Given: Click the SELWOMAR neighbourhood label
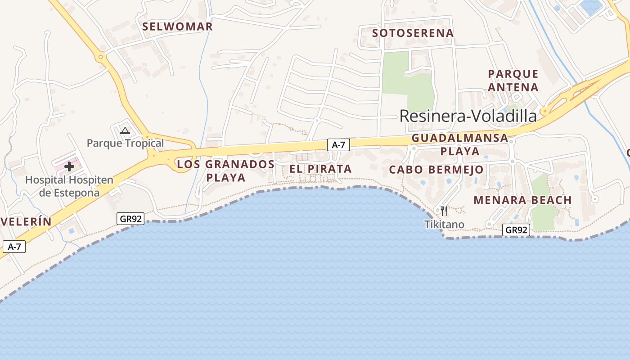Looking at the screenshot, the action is (177, 27).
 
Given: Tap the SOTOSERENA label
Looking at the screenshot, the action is (413, 33).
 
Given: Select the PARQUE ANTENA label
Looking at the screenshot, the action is (513, 81).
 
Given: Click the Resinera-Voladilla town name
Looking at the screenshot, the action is (468, 116).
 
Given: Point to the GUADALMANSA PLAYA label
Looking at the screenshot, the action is (460, 144).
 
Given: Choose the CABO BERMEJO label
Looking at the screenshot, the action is (436, 170).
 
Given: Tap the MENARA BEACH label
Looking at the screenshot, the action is (522, 200).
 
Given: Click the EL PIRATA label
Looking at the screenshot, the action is (320, 169).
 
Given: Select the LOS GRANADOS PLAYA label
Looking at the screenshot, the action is (225, 171).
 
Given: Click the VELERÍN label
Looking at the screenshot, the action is (26, 221).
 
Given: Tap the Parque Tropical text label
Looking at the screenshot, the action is (125, 143).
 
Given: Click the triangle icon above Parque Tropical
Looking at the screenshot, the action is (125, 131).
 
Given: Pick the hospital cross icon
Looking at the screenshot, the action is (69, 166).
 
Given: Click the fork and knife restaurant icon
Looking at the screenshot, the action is (444, 211).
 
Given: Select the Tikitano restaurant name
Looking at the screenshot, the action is (444, 224).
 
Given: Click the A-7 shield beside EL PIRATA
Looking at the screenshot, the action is (338, 145).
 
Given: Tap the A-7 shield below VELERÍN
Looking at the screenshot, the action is (14, 247).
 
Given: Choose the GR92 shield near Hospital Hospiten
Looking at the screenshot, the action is (131, 219).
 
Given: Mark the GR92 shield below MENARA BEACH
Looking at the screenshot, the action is (516, 230).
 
